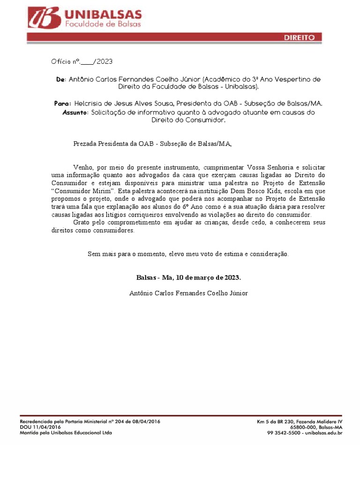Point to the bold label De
[x=60, y=80]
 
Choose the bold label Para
[x=63, y=103]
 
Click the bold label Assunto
[x=75, y=113]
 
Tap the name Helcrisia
[x=89, y=103]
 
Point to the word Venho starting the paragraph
[x=82, y=168]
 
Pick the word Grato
[x=82, y=222]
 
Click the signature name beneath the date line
[x=188, y=293]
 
